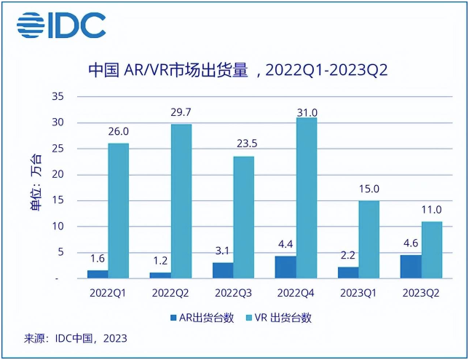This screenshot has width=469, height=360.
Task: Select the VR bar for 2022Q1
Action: coord(119,210)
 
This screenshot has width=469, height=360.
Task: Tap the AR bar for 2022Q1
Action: coord(98,274)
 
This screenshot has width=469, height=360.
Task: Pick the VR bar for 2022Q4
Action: coord(307,197)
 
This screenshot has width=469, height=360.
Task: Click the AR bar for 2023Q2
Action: coord(411,266)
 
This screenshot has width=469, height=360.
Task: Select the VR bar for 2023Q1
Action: coord(369,239)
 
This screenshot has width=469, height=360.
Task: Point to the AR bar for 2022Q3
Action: coord(223,270)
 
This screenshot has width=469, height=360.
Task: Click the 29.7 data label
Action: coord(181,112)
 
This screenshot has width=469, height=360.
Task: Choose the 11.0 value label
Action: coord(432,210)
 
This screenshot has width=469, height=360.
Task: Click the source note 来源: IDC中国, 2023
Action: coord(76,339)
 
